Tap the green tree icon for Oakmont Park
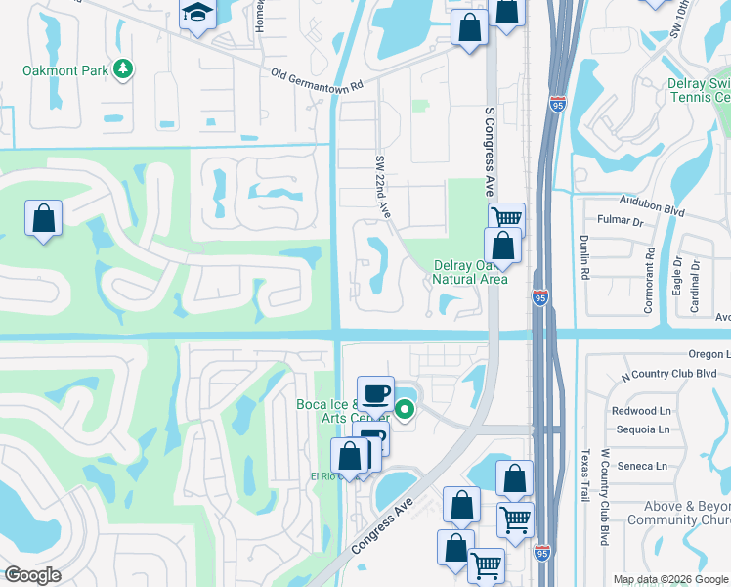(123, 68)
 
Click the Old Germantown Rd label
(317, 79)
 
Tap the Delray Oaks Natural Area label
(470, 272)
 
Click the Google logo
(32, 575)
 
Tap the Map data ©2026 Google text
(669, 579)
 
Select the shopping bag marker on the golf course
(44, 218)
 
